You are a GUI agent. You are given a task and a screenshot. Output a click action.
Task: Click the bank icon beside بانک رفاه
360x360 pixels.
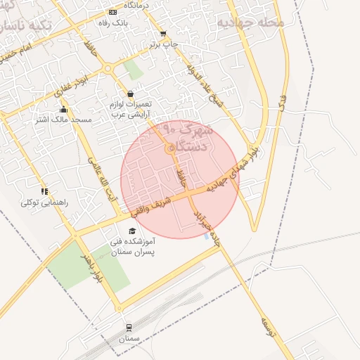click(113, 13)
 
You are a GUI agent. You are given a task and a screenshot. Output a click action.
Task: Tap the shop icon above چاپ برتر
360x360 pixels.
click(163, 33)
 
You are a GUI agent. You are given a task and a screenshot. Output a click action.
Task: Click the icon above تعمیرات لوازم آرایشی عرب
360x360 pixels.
click(130, 94)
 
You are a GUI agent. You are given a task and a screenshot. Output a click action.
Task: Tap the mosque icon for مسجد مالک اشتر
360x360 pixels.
click(64, 109)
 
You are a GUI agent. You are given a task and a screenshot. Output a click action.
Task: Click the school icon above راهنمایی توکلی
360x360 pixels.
click(44, 191)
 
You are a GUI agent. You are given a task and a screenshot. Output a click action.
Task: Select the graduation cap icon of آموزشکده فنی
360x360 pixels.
click(131, 231)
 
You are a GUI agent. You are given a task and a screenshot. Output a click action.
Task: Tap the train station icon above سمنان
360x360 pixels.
click(129, 328)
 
